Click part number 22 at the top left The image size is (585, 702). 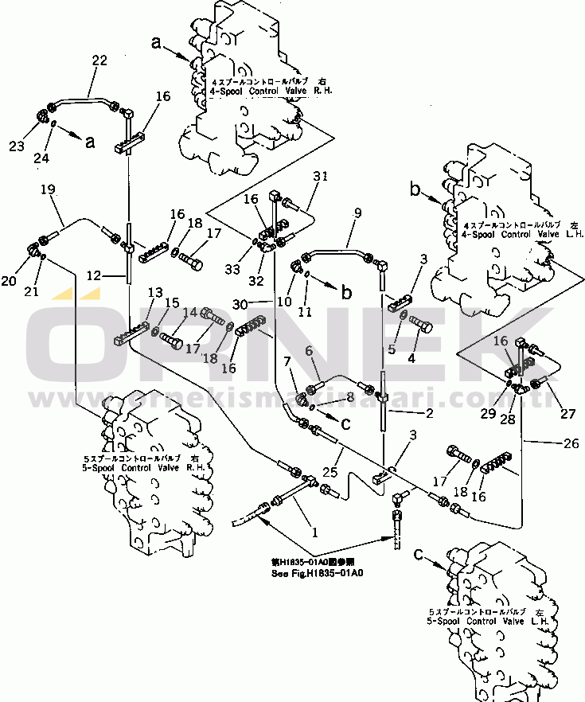[x=99, y=60]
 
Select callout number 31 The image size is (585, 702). [x=320, y=177]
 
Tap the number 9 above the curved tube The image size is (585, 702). [x=357, y=213]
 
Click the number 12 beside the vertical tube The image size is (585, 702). [x=95, y=275]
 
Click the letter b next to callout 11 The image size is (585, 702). [x=345, y=291]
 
